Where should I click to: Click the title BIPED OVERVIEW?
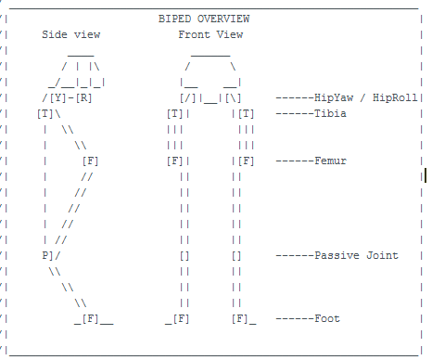click(x=204, y=19)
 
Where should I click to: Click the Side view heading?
click(x=71, y=34)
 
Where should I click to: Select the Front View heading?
click(x=210, y=34)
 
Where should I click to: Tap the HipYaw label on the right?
click(x=334, y=97)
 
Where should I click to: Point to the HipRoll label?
click(x=395, y=97)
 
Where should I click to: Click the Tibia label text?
click(x=330, y=113)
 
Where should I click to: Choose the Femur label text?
click(x=331, y=161)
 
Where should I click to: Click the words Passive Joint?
click(x=357, y=255)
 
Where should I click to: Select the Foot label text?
click(x=327, y=318)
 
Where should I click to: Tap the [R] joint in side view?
click(x=83, y=98)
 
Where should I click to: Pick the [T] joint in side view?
click(x=45, y=114)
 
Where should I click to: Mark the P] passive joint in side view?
click(x=47, y=256)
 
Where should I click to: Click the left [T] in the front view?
click(x=175, y=114)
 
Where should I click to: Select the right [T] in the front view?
click(x=246, y=114)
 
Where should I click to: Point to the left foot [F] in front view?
click(x=182, y=319)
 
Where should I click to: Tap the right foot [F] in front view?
click(x=240, y=319)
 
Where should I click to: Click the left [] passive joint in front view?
click(x=184, y=256)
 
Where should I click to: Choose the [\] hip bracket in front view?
click(x=234, y=98)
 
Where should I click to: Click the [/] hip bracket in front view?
click(x=188, y=98)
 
